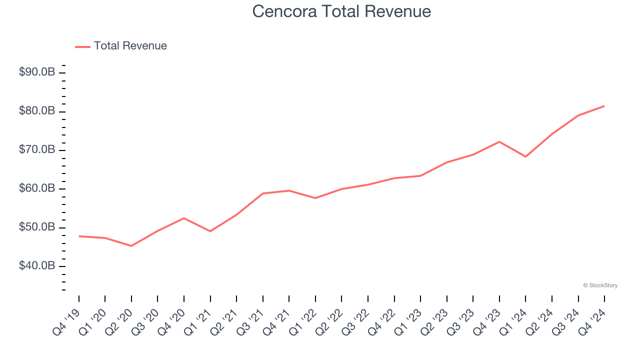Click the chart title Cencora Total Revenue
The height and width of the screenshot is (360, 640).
point(341,11)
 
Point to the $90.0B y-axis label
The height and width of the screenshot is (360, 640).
point(37,72)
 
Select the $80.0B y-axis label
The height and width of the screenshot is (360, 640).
point(37,111)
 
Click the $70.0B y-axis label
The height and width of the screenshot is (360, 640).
point(37,150)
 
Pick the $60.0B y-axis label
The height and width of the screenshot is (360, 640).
point(37,188)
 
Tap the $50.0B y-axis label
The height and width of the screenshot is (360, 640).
point(37,227)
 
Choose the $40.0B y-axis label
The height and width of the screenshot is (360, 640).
point(37,266)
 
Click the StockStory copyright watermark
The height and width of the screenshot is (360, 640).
point(600,285)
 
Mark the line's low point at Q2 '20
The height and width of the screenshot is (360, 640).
point(131,246)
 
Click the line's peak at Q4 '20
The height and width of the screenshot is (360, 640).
point(184,218)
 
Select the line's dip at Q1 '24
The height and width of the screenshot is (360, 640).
point(525,156)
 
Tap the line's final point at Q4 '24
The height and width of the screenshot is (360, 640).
point(604,106)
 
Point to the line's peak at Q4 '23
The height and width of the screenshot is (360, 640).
point(499,141)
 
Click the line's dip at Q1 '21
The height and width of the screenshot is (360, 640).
point(210,231)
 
